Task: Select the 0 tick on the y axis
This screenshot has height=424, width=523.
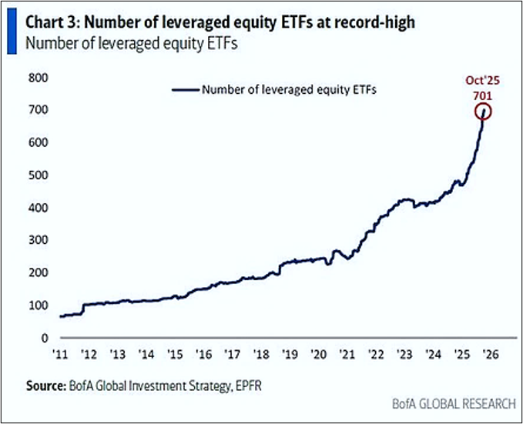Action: (43, 338)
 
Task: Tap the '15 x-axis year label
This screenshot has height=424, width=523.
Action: (175, 355)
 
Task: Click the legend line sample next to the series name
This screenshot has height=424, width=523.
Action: (184, 89)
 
